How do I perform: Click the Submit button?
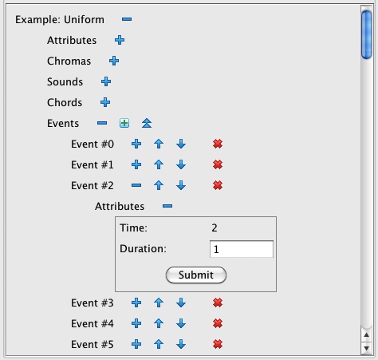pos(196,275)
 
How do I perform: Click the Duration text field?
pos(242,249)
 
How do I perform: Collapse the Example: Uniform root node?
pos(127,19)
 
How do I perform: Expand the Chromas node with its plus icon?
pos(114,61)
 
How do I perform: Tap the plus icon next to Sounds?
pos(106,81)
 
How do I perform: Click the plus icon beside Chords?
pos(105,102)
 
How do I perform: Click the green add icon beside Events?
pos(124,123)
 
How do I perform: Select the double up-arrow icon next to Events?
pos(147,123)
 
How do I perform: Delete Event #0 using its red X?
pos(218,144)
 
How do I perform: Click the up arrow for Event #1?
pos(159,164)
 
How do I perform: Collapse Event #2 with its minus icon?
pos(136,185)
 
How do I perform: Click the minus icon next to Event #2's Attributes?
pos(167,206)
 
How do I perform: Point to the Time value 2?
pos(215,228)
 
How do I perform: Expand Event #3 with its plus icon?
pos(136,303)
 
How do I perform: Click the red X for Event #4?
pos(218,323)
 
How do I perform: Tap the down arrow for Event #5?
pos(181,344)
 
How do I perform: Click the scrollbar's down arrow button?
pos(367,348)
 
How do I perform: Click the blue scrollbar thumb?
pos(367,34)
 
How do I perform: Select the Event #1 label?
pos(93,165)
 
